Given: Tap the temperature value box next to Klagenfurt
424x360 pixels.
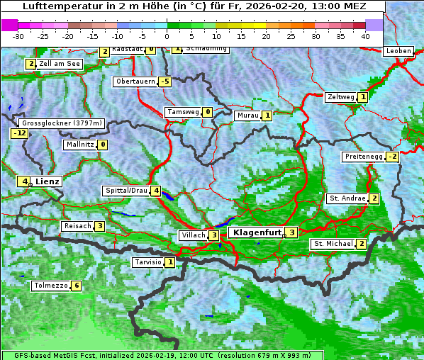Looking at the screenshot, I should [x=291, y=232].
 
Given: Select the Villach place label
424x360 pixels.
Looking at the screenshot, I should [x=193, y=235].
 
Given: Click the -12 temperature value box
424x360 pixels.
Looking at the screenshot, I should [x=19, y=133].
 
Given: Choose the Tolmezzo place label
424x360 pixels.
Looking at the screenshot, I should [x=50, y=286].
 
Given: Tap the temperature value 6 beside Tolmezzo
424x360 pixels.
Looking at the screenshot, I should [x=76, y=286].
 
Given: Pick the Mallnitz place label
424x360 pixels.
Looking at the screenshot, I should [x=79, y=145].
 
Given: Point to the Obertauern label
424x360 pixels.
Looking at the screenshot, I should [x=135, y=81].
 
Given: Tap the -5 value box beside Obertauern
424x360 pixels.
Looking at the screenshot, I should [x=164, y=81].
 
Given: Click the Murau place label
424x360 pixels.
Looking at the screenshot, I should [x=247, y=116].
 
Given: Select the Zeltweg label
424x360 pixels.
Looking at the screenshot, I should [x=340, y=97].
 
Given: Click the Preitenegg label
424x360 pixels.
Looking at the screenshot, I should [x=364, y=157].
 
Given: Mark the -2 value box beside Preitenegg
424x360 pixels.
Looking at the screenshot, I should [x=391, y=157].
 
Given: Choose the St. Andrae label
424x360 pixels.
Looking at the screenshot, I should [x=347, y=198].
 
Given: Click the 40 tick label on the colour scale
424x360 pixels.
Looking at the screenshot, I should [x=365, y=35].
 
